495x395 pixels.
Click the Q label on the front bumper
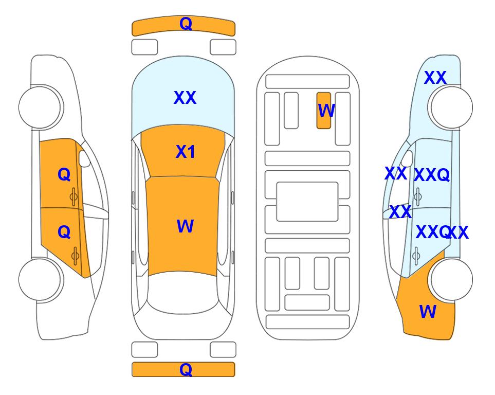pos(186,24)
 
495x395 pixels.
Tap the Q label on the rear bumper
pos(186,369)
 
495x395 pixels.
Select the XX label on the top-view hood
pos(185,98)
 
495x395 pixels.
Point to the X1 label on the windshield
pos(186,152)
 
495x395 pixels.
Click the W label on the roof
pos(185,226)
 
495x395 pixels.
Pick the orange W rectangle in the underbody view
pos(324,111)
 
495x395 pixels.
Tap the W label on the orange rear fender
pos(428,312)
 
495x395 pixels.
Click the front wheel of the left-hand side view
pos(41,107)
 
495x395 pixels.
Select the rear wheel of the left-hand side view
pos(41,279)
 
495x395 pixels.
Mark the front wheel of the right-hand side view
pos(451,107)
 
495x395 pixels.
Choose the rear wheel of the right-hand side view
pos(451,279)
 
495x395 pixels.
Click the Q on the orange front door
pos(64,174)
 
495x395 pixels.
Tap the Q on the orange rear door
pos(64,232)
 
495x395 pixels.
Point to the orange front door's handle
pos(74,196)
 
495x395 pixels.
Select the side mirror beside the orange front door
pos(84,158)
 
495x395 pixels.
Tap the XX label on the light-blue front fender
pos(435,78)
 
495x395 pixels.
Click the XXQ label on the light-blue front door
pos(432,175)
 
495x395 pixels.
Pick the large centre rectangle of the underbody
pos(307,202)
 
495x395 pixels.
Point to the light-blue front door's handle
pos(417,196)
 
